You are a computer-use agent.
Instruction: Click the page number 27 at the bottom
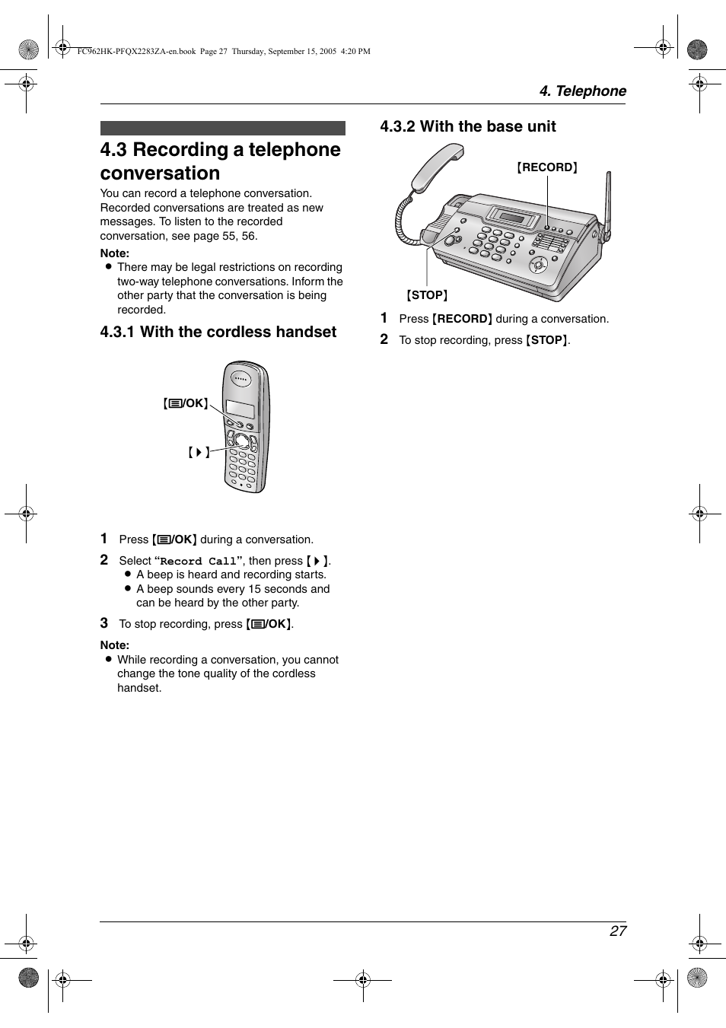tap(617, 931)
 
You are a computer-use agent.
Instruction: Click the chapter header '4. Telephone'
tap(582, 91)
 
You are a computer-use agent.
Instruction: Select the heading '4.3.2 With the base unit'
tap(468, 126)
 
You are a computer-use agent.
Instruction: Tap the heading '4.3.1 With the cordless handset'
tap(218, 332)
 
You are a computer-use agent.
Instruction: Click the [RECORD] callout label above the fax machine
tap(547, 167)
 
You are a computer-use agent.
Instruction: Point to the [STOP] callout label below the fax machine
tap(427, 295)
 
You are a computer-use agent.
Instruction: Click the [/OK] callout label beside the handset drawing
tap(186, 403)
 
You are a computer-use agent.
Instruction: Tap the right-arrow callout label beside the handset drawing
tap(198, 452)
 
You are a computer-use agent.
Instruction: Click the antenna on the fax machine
tap(607, 202)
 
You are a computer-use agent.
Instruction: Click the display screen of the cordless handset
tap(240, 409)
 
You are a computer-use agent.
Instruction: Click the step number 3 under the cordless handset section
tap(104, 623)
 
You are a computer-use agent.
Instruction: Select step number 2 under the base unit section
tap(384, 339)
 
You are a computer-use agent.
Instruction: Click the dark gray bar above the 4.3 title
tap(222, 128)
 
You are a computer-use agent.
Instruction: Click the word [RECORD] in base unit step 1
tap(462, 319)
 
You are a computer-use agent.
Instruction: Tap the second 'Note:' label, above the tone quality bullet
tap(115, 645)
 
